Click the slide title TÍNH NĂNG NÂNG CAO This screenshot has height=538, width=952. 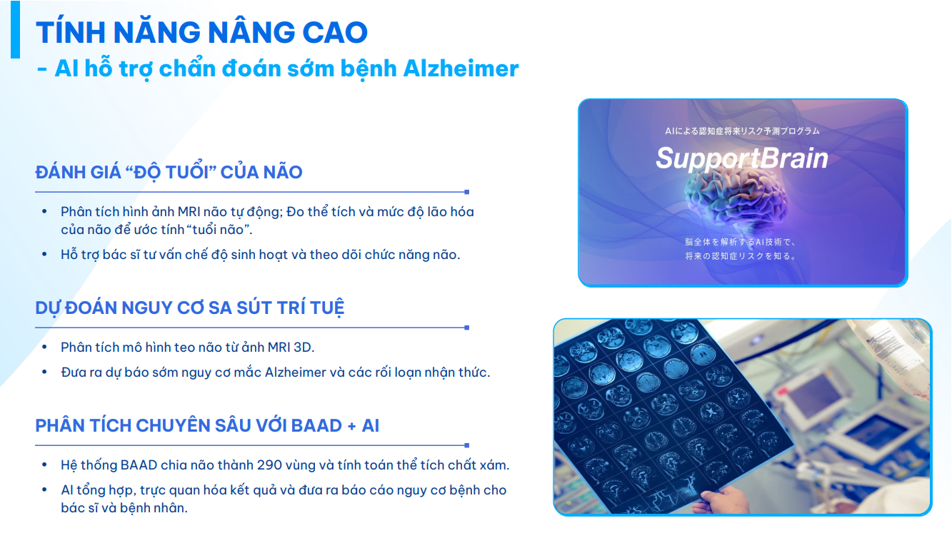click(x=201, y=32)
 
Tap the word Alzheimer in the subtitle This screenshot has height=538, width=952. click(x=461, y=68)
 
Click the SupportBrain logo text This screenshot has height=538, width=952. click(x=741, y=158)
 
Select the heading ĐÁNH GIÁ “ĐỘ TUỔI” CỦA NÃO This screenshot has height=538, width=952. click(x=169, y=172)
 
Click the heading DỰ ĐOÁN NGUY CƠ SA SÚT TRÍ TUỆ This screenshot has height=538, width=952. click(x=190, y=308)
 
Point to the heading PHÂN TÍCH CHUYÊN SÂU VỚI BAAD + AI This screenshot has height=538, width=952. click(x=207, y=426)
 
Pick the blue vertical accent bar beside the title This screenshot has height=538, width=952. click(x=15, y=29)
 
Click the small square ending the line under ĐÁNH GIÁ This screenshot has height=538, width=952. click(x=466, y=192)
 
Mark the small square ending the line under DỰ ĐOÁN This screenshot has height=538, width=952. click(x=466, y=328)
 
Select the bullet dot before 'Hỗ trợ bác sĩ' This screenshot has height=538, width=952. click(x=45, y=255)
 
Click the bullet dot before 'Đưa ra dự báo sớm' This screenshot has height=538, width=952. click(x=45, y=372)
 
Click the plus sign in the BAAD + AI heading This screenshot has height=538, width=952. click(x=351, y=427)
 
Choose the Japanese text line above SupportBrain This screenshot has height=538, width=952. click(x=741, y=131)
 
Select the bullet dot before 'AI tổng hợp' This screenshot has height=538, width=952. click(x=45, y=490)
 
